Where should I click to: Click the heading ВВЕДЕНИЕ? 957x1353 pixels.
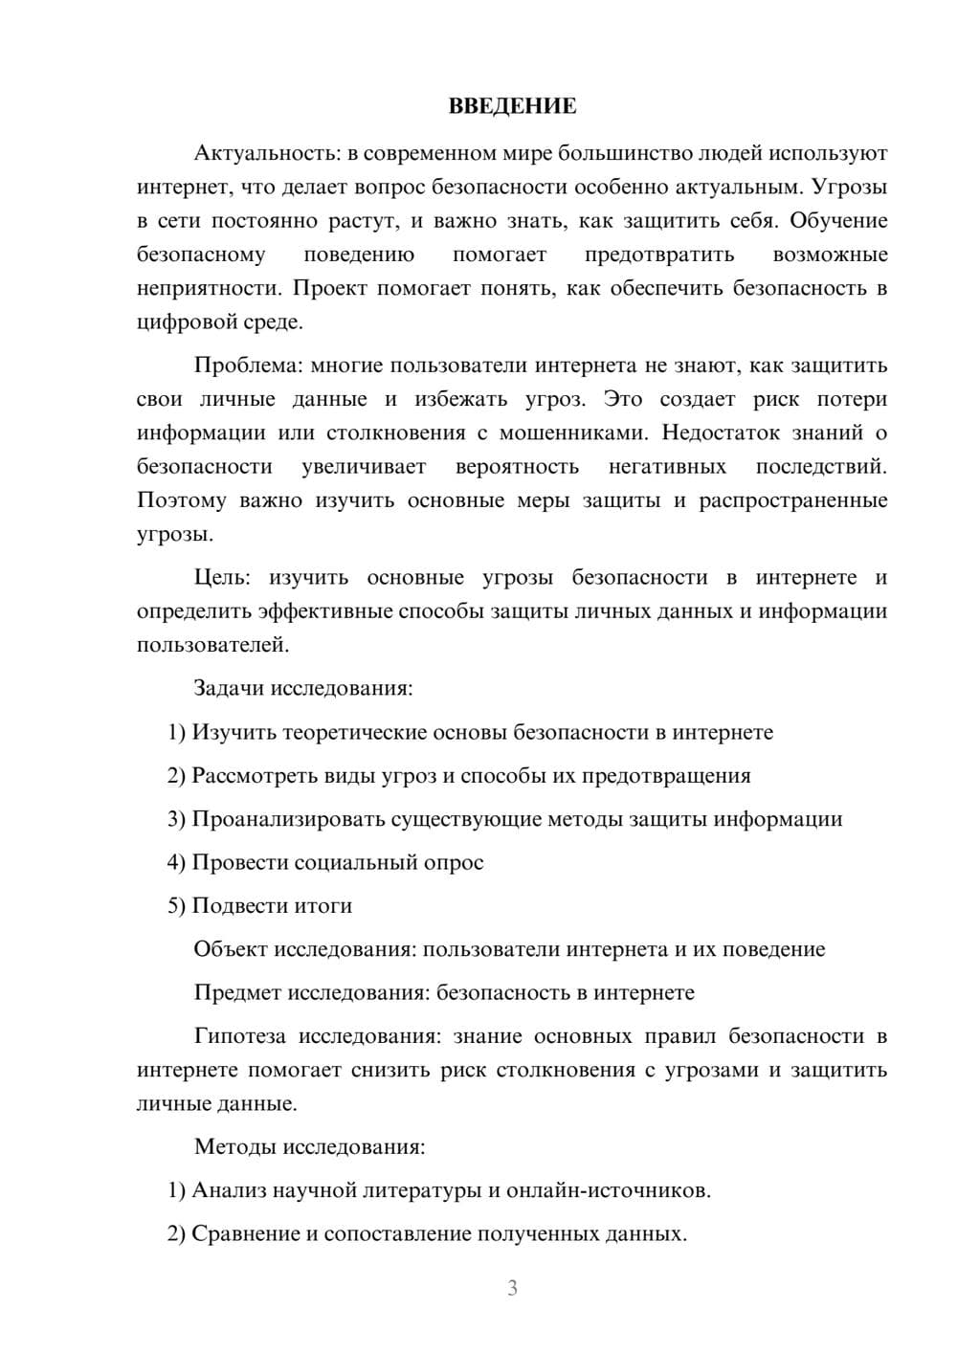pos(512,106)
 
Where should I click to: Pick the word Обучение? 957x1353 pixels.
pos(839,221)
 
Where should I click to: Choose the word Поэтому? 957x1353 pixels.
pos(182,500)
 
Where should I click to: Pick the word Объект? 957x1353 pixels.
pos(231,950)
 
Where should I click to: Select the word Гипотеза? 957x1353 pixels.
pos(239,1037)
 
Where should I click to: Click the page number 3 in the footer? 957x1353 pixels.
pos(512,1289)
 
